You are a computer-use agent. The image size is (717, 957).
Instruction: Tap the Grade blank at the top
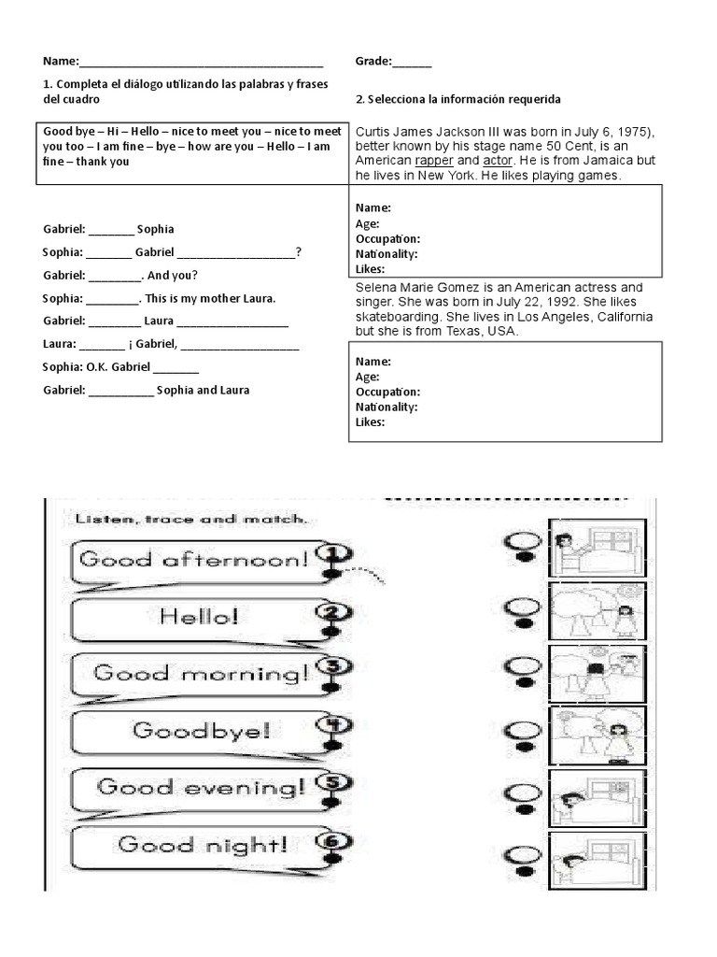click(x=412, y=64)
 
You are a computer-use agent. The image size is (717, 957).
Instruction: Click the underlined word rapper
click(x=434, y=161)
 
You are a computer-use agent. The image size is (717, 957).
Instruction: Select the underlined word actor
click(x=499, y=161)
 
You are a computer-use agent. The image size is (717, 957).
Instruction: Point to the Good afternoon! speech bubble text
click(x=193, y=560)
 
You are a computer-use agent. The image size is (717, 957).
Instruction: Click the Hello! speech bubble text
click(x=199, y=616)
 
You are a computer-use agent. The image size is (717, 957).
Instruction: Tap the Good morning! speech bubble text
click(x=201, y=673)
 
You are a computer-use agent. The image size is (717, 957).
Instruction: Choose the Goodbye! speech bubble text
click(x=202, y=730)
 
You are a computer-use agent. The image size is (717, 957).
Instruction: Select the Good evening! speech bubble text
click(x=201, y=787)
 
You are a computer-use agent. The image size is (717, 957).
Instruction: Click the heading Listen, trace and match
click(x=190, y=519)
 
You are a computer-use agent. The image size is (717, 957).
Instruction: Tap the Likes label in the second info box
click(x=370, y=422)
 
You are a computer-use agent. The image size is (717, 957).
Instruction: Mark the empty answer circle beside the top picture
click(x=523, y=540)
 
